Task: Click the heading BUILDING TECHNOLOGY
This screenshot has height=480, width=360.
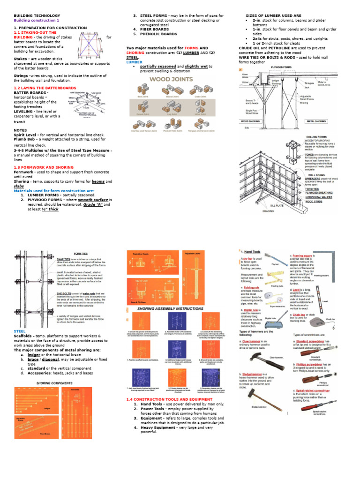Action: tap(34, 15)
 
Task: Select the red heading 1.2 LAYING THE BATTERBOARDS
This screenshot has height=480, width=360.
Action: tap(45, 88)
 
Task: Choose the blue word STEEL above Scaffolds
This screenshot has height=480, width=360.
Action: tap(19, 331)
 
